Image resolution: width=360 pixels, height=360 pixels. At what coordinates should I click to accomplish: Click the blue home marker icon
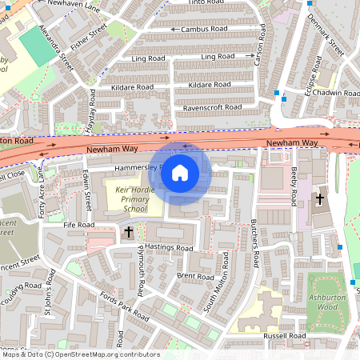click(180, 172)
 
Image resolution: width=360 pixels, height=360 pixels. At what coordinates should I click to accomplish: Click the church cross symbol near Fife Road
click(129, 232)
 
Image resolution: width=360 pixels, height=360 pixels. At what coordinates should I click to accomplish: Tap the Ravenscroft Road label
click(212, 107)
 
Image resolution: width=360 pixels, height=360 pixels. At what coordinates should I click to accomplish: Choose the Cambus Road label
click(204, 29)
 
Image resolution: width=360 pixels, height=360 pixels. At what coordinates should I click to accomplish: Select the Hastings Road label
click(170, 249)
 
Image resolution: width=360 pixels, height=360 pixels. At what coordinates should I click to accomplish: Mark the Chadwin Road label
click(336, 94)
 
